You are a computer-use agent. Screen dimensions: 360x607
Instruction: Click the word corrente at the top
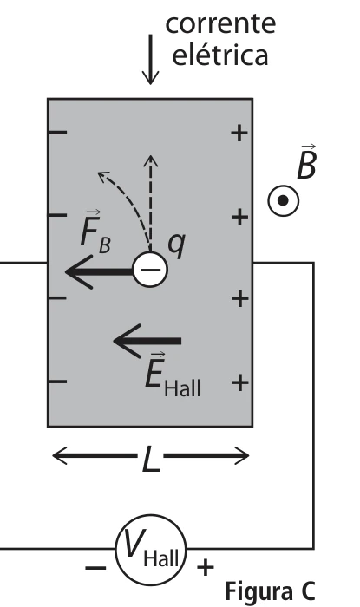pyautogui.click(x=220, y=23)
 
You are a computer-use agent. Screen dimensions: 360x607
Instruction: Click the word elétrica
pyautogui.click(x=219, y=55)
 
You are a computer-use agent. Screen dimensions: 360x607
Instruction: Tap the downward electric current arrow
pyautogui.click(x=150, y=59)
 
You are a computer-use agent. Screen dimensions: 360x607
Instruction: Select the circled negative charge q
pyautogui.click(x=150, y=270)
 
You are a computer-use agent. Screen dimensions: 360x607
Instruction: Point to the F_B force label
pyautogui.click(x=95, y=232)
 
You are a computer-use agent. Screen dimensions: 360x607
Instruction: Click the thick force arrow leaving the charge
pyautogui.click(x=99, y=271)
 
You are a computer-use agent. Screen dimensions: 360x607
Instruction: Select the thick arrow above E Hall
pyautogui.click(x=147, y=341)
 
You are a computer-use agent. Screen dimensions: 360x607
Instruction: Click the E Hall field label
pyautogui.click(x=173, y=375)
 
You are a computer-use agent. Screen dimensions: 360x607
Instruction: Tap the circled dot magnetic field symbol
pyautogui.click(x=284, y=200)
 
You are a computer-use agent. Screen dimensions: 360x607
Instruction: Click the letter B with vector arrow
pyautogui.click(x=306, y=163)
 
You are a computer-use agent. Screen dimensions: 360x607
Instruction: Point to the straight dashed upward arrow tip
pyautogui.click(x=150, y=156)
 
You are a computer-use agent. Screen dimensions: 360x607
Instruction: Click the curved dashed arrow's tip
pyautogui.click(x=98, y=173)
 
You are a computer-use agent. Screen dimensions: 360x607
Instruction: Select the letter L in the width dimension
pyautogui.click(x=151, y=459)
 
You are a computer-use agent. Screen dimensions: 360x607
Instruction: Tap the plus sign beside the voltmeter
pyautogui.click(x=206, y=568)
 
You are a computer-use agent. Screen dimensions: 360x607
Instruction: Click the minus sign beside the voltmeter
pyautogui.click(x=95, y=568)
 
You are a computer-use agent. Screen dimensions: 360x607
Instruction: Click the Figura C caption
pyautogui.click(x=270, y=591)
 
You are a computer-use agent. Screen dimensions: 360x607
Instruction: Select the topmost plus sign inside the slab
pyautogui.click(x=239, y=133)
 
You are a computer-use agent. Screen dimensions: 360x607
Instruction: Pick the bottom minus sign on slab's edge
pyautogui.click(x=57, y=382)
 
